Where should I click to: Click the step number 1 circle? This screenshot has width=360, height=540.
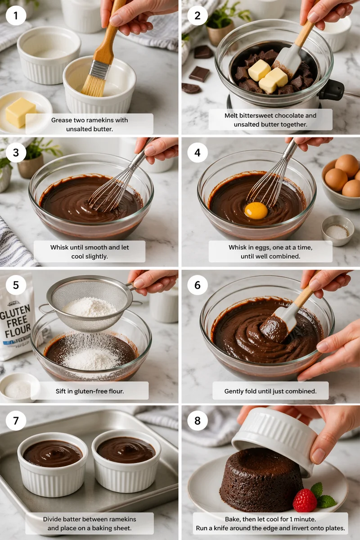point(16,16)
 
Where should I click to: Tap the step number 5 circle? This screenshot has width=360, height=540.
point(16,285)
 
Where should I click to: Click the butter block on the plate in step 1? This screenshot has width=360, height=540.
point(20,112)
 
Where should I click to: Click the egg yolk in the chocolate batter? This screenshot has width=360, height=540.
point(256,210)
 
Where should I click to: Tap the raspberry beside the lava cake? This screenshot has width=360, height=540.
point(305,500)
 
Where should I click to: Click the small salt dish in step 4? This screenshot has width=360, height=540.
point(337,230)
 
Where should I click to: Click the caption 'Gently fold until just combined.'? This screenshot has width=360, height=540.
point(270,391)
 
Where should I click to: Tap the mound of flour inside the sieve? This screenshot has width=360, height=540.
point(90,307)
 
